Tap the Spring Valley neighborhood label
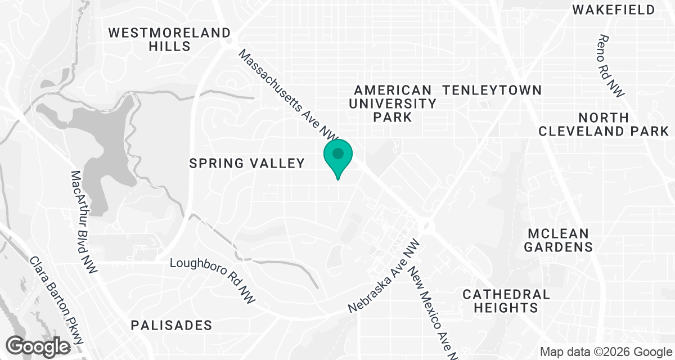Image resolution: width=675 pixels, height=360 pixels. point(247,164)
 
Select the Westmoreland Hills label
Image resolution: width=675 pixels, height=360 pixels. point(169,39)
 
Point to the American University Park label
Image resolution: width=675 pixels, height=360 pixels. point(392,103)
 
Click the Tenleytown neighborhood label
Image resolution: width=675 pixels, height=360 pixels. point(492,90)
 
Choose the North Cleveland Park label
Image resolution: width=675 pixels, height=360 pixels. point(604,124)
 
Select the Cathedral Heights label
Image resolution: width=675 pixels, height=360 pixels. point(506,301)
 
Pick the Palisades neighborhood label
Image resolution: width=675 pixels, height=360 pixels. point(172,325)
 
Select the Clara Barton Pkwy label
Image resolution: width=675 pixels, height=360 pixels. point(56,301)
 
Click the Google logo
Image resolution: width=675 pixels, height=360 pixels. point(39,345)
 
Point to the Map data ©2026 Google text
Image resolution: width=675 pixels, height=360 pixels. point(605,352)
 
